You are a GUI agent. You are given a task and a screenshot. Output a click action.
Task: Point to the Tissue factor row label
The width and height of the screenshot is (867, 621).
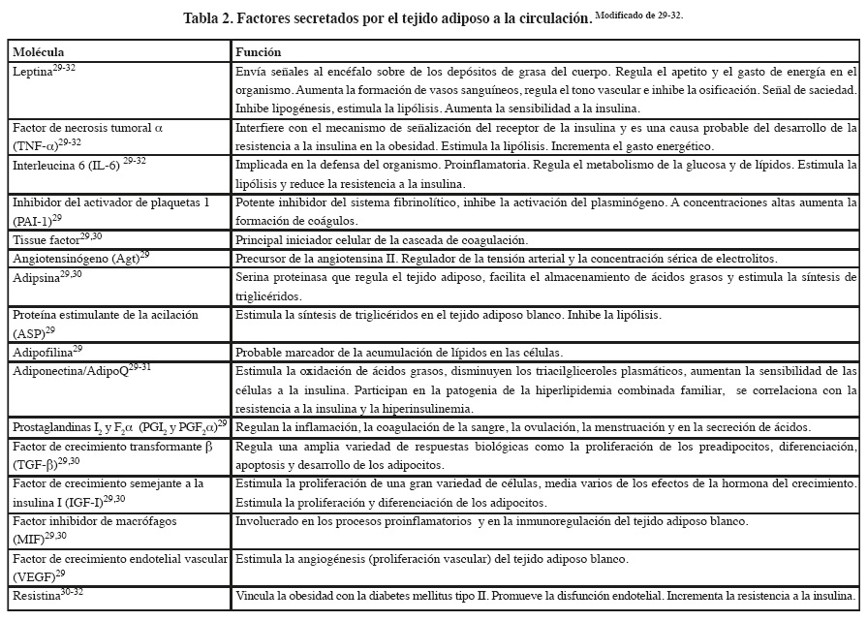pyautogui.click(x=46, y=239)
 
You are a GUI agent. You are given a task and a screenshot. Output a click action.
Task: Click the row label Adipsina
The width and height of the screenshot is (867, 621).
pyautogui.click(x=36, y=276)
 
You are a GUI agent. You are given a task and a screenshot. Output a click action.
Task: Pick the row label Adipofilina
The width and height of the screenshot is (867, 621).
pyautogui.click(x=43, y=350)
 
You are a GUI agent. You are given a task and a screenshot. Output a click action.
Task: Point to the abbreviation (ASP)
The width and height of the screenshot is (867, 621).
pyautogui.click(x=30, y=331)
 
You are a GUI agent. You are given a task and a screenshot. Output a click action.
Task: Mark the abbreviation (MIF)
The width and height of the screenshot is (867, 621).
pyautogui.click(x=30, y=535)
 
